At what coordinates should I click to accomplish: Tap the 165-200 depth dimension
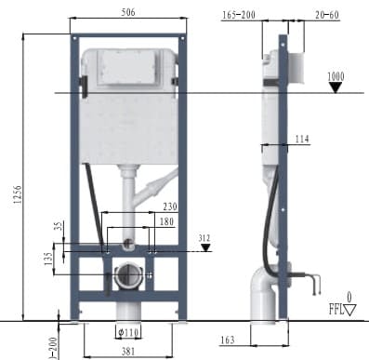click(240, 14)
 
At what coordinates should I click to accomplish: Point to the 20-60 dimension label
click(326, 14)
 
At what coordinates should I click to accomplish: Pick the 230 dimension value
click(167, 207)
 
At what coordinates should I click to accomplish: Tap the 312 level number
click(204, 238)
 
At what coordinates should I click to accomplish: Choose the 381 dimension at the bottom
click(127, 351)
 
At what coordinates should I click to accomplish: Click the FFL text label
click(336, 309)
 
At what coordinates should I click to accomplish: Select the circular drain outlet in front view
click(126, 275)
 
